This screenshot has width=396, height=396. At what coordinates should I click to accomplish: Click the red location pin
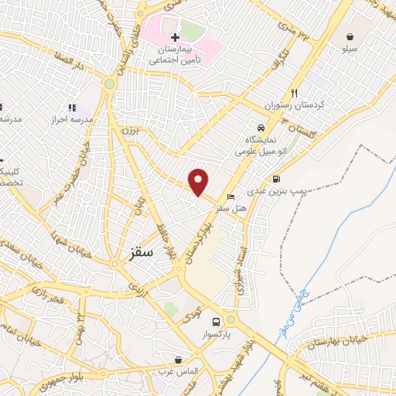click(200, 182)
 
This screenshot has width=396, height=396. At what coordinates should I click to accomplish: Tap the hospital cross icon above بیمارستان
click(176, 37)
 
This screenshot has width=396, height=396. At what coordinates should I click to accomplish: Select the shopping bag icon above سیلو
click(350, 36)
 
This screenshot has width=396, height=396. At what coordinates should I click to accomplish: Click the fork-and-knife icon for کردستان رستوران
click(294, 91)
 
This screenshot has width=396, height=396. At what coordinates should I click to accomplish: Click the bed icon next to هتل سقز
click(231, 197)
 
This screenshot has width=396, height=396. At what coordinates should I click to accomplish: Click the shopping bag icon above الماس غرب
click(179, 360)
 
